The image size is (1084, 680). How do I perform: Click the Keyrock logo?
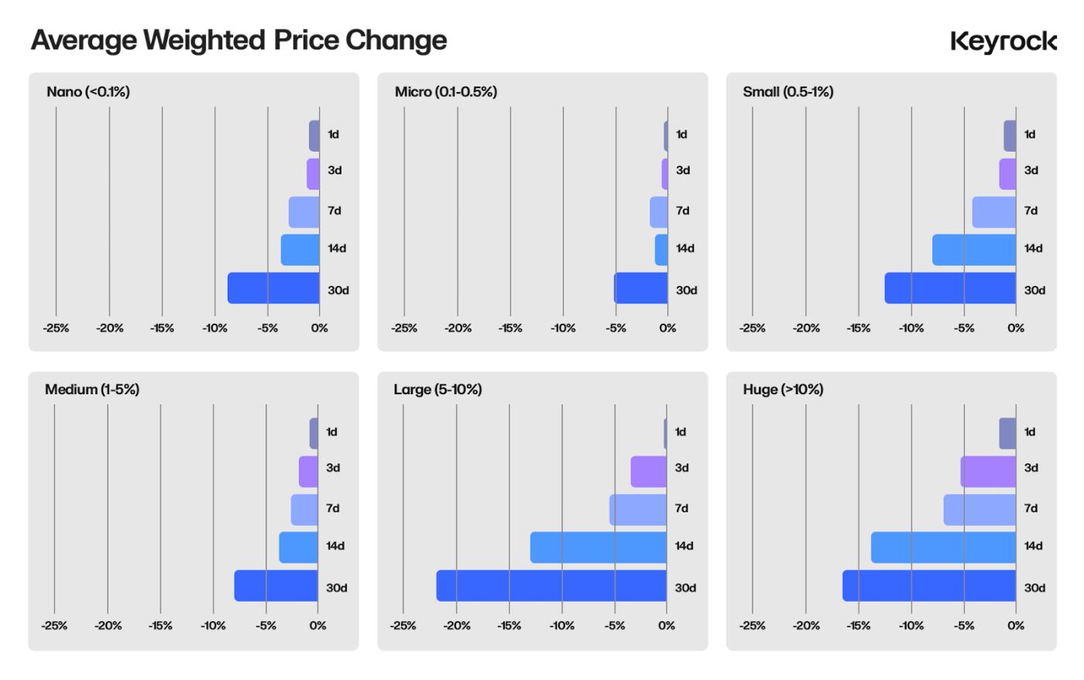pyautogui.click(x=1003, y=41)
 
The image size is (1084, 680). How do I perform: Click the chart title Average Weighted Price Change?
pyautogui.click(x=238, y=40)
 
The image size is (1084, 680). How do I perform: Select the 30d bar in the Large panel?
pyautogui.click(x=551, y=586)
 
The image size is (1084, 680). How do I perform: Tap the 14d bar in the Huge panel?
pyautogui.click(x=943, y=548)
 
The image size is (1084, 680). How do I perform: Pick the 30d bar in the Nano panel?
pyautogui.click(x=273, y=288)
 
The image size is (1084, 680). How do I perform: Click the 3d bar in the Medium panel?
pyautogui.click(x=308, y=472)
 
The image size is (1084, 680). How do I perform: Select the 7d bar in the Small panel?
pyautogui.click(x=993, y=212)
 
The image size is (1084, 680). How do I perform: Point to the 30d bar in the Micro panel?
pyautogui.click(x=640, y=288)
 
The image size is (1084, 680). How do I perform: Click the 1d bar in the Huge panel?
pyautogui.click(x=1007, y=434)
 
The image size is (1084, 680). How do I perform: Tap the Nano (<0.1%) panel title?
pyautogui.click(x=88, y=92)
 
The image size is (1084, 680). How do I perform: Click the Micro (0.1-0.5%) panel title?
pyautogui.click(x=446, y=92)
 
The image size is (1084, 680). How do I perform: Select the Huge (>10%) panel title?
pyautogui.click(x=783, y=390)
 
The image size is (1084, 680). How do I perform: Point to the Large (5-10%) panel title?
pyautogui.click(x=437, y=390)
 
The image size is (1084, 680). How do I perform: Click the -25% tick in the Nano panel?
pyautogui.click(x=56, y=328)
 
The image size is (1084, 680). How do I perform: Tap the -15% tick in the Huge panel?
pyautogui.click(x=858, y=626)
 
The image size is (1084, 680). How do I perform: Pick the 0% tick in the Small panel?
pyautogui.click(x=1015, y=328)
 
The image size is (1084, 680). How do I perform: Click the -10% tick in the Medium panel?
pyautogui.click(x=213, y=626)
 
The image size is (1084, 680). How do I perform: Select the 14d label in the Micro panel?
pyautogui.click(x=684, y=249)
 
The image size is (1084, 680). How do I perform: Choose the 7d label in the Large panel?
pyautogui.click(x=681, y=509)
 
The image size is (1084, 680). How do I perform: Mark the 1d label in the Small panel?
pyautogui.click(x=1030, y=135)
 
